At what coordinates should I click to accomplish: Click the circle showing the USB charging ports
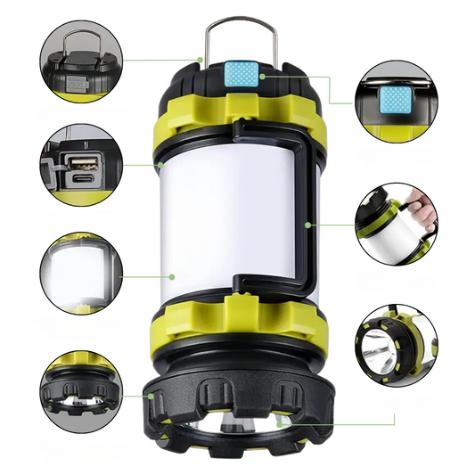pyautogui.click(x=78, y=166)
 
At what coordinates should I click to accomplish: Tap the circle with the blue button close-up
pyautogui.click(x=395, y=97)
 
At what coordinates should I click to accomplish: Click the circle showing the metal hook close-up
pyautogui.click(x=78, y=61)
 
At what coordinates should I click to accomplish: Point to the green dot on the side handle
pyautogui.click(x=307, y=225)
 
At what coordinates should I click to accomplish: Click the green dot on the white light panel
pyautogui.click(x=162, y=275)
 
